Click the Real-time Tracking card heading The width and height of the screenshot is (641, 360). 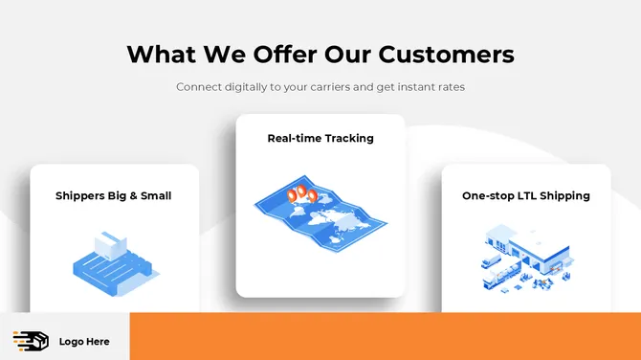coord(320,138)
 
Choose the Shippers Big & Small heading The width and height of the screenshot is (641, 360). coord(114,195)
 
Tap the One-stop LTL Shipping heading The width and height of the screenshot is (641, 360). coord(526,195)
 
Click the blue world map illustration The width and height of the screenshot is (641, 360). coord(320,215)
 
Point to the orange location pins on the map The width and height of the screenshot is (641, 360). coord(302,194)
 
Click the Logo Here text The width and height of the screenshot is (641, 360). coord(84,342)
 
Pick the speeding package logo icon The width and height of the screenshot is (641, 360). coord(31,341)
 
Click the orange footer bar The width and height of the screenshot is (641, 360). coord(383,336)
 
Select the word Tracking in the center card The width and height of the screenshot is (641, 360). coord(349,138)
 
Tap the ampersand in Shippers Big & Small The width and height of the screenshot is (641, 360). coord(129,195)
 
